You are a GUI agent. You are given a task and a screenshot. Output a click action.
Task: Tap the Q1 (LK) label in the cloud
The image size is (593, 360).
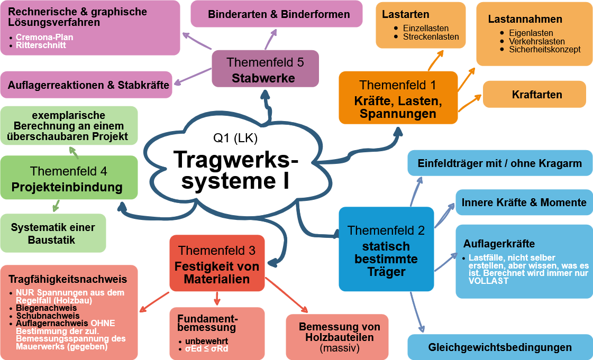(x=235, y=139)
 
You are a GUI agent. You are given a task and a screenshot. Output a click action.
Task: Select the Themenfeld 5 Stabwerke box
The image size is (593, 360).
(x=265, y=69)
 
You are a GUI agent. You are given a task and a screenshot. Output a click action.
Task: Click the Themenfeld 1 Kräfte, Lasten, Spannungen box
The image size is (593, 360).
(x=398, y=98)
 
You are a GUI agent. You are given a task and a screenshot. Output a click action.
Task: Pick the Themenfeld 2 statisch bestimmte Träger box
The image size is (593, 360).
(x=386, y=249)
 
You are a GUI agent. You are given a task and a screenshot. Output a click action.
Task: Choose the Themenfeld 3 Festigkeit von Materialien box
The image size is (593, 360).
(x=217, y=264)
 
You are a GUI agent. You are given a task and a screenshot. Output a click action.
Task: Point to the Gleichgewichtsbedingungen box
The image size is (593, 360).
(x=499, y=347)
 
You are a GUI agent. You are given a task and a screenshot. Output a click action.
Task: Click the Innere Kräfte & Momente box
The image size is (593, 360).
(x=524, y=202)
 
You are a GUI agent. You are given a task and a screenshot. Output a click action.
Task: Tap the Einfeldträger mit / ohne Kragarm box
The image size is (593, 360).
(x=499, y=163)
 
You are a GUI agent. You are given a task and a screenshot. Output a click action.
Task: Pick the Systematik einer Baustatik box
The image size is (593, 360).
(x=53, y=233)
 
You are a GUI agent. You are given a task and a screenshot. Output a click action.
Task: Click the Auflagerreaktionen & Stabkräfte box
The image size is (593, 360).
(x=88, y=85)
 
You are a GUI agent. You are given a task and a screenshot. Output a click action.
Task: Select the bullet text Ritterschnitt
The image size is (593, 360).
(x=41, y=45)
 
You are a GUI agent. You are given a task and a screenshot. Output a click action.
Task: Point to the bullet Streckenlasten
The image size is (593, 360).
(x=431, y=37)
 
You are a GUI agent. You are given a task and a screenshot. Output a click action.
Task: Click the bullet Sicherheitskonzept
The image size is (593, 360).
(x=544, y=49)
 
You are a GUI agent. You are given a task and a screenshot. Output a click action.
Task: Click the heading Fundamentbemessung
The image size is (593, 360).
(x=207, y=323)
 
